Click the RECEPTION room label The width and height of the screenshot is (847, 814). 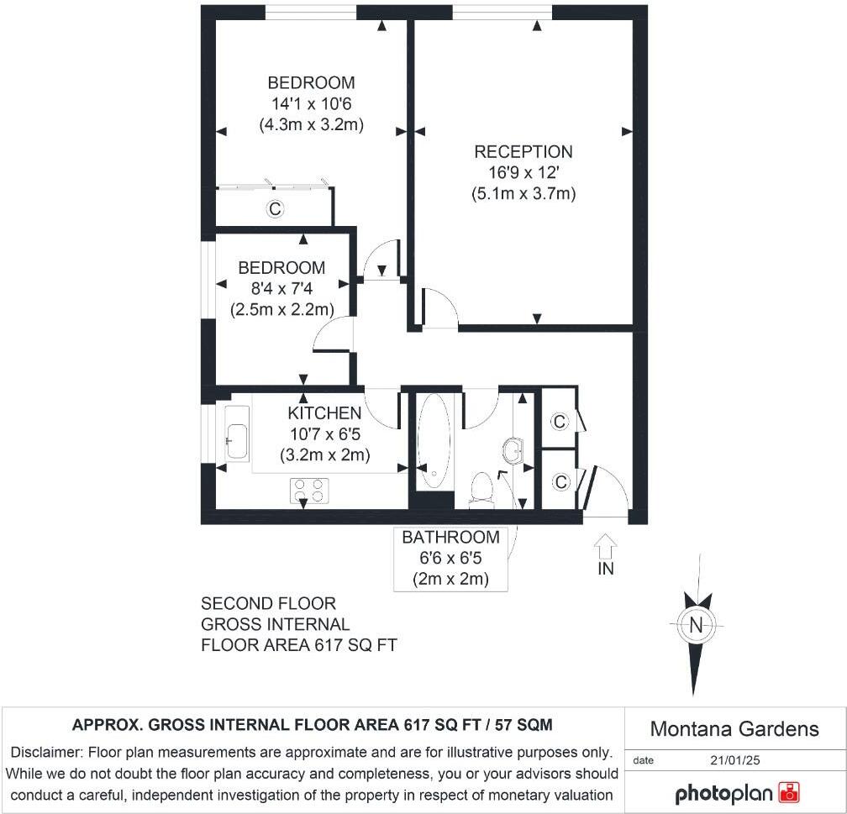pyautogui.click(x=523, y=152)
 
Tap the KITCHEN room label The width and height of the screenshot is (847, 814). pyautogui.click(x=324, y=413)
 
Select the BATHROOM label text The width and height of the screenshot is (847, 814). pyautogui.click(x=450, y=538)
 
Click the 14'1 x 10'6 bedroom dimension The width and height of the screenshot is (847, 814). pyautogui.click(x=311, y=104)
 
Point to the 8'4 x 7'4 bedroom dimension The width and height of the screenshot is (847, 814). pyautogui.click(x=281, y=289)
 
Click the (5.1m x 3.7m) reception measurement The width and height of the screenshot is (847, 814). pyautogui.click(x=523, y=194)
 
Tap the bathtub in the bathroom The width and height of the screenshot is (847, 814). pyautogui.click(x=434, y=441)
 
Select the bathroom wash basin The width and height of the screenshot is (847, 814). pyautogui.click(x=512, y=452)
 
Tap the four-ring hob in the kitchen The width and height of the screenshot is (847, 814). pyautogui.click(x=308, y=491)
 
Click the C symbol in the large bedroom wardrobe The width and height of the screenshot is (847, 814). pyautogui.click(x=274, y=209)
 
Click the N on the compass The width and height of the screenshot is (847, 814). pyautogui.click(x=695, y=625)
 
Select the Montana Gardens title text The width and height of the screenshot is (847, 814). pyautogui.click(x=734, y=728)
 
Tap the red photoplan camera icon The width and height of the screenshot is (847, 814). pyautogui.click(x=789, y=793)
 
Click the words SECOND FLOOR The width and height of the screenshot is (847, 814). pyautogui.click(x=268, y=604)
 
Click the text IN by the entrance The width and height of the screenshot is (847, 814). pyautogui.click(x=605, y=569)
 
